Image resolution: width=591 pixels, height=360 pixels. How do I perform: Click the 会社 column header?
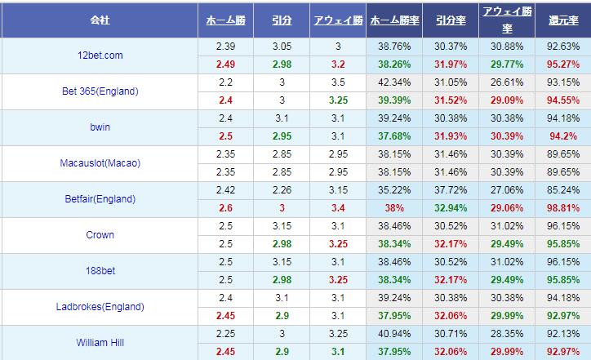tap(100, 20)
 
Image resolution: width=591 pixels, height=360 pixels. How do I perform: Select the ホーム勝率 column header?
tap(395, 20)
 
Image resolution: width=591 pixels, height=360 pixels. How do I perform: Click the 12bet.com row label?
tap(100, 56)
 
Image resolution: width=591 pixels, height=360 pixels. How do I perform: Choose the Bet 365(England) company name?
tap(100, 91)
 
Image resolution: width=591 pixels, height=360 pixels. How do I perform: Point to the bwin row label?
tap(100, 127)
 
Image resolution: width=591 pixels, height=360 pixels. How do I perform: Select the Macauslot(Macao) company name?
tap(100, 163)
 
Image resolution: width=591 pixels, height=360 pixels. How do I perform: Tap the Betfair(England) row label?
tap(100, 199)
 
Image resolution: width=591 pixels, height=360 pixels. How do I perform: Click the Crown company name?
tap(100, 235)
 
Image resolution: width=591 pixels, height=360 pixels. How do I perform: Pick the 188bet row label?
tap(100, 271)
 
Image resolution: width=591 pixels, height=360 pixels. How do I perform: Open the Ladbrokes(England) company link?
tap(100, 307)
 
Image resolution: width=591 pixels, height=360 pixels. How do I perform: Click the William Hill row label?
tap(100, 343)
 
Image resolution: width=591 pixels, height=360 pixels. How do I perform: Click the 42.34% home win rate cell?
tap(395, 83)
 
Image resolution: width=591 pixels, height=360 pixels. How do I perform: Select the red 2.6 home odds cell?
tap(227, 207)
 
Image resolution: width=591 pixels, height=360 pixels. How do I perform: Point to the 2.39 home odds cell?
tap(227, 47)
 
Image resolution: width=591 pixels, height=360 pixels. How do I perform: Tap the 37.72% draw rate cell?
tap(449, 191)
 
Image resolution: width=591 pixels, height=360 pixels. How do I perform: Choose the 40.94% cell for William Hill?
tap(395, 334)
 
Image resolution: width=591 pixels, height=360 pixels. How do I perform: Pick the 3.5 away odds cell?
tap(337, 83)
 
